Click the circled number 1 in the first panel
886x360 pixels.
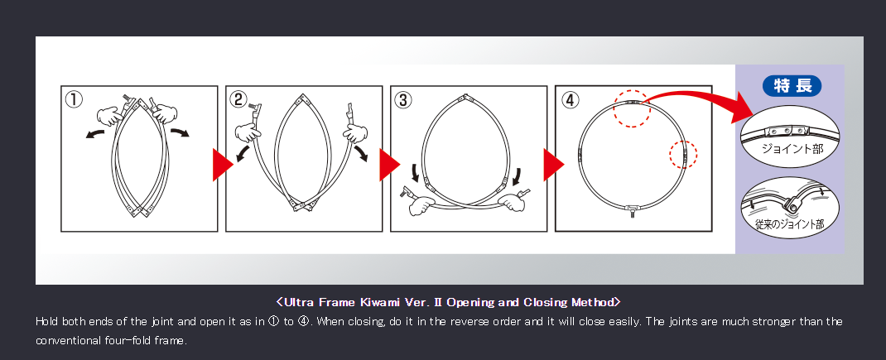[x=74, y=99]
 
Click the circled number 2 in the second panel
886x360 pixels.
[x=238, y=99]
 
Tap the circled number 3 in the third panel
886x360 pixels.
[x=403, y=100]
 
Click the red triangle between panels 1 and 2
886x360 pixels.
[x=223, y=165]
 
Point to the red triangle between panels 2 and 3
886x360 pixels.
[x=389, y=165]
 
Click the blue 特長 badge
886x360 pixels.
[x=792, y=86]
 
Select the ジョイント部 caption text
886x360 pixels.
[x=792, y=149]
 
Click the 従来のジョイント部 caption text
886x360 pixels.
[x=789, y=224]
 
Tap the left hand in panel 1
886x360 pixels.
[x=110, y=117]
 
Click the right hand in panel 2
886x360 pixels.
[x=355, y=134]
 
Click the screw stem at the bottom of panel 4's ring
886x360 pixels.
[x=633, y=214]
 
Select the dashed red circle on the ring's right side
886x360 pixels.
[x=683, y=154]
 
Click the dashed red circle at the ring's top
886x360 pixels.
[x=633, y=108]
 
